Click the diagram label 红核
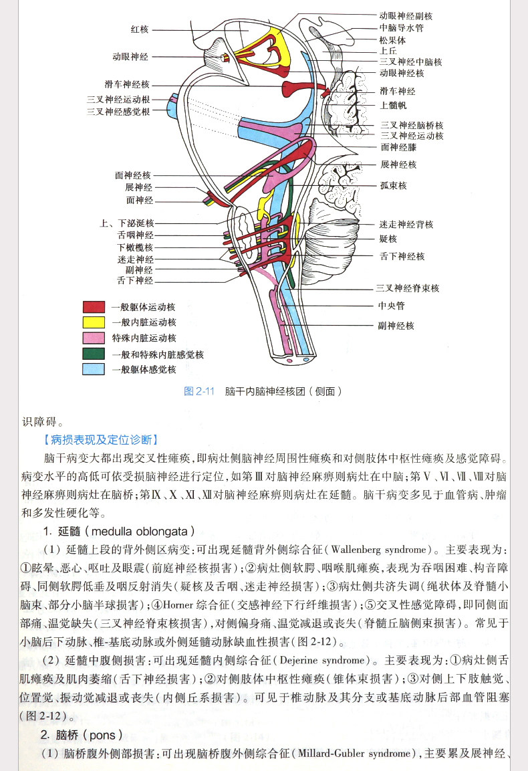(x=140, y=29)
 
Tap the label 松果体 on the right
(x=392, y=39)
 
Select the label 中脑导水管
(x=401, y=28)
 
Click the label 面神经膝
(x=398, y=147)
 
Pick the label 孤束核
(x=393, y=185)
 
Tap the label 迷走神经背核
(x=406, y=224)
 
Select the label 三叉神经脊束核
(x=407, y=288)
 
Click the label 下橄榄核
(x=135, y=247)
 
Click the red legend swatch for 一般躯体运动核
(x=94, y=307)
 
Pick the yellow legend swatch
(x=94, y=322)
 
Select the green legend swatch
(x=94, y=354)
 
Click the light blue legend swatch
(x=94, y=369)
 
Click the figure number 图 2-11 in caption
(x=198, y=391)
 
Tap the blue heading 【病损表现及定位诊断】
(x=100, y=439)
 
